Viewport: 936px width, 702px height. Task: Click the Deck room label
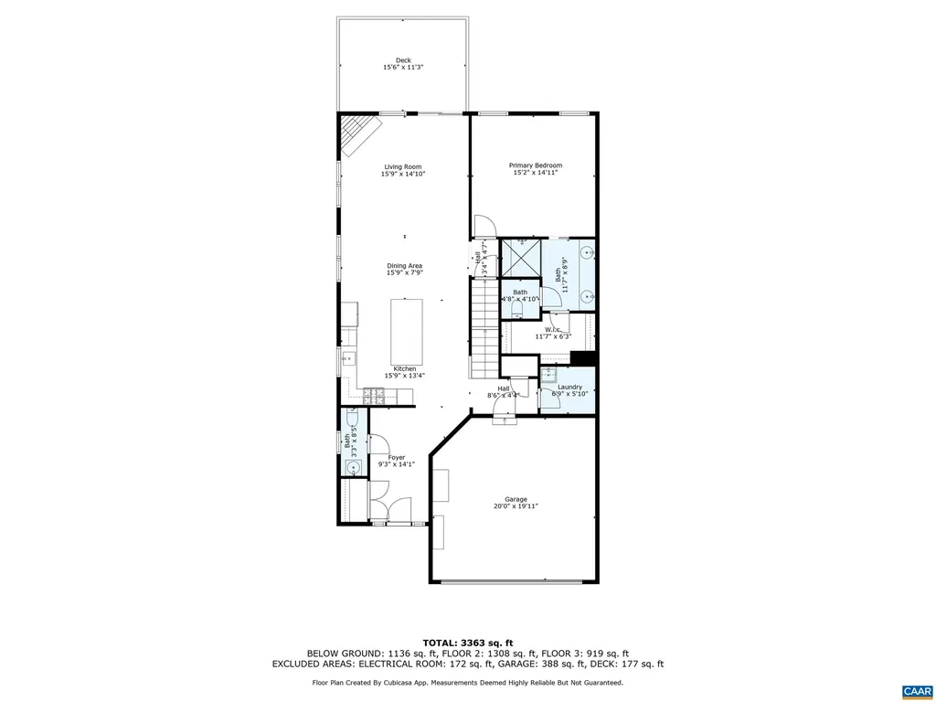403,60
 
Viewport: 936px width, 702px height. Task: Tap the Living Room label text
403,166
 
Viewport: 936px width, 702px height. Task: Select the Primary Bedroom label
535,165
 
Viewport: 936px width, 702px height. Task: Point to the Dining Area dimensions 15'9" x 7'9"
403,272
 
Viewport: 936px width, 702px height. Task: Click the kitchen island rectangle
407,331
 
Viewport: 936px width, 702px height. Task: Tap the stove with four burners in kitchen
373,396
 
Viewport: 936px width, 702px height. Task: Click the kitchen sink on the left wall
347,359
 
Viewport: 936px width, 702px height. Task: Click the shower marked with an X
522,258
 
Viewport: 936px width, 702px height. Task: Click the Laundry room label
569,388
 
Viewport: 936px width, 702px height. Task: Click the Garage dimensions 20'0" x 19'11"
516,505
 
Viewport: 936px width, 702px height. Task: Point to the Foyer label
396,457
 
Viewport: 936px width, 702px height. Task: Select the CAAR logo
915,690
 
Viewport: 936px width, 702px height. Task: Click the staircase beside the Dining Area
484,329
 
